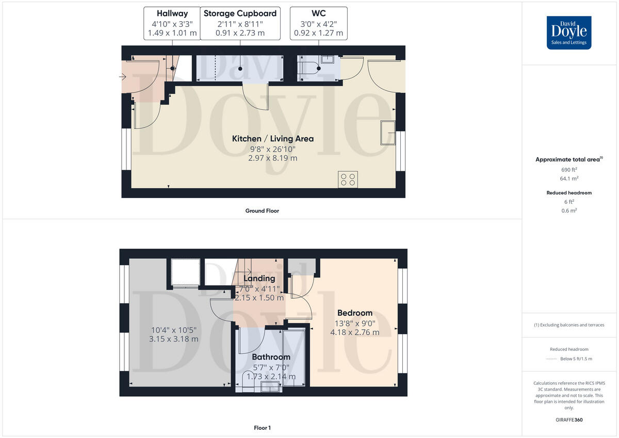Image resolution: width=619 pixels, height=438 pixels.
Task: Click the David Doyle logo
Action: click(569, 33)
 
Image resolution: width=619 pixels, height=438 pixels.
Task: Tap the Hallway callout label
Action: click(173, 23)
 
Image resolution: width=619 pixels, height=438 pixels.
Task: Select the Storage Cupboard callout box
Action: click(240, 23)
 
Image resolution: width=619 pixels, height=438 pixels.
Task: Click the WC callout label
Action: click(318, 23)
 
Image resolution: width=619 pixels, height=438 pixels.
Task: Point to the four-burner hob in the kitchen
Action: click(348, 179)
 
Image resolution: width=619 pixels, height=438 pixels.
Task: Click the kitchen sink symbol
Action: click(388, 133)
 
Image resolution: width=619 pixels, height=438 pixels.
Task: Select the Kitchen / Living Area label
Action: click(272, 139)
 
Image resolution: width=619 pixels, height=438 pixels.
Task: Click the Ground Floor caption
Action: click(262, 210)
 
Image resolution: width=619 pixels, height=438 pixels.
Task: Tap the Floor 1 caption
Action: click(262, 428)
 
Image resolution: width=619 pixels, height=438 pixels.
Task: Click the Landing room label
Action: click(259, 279)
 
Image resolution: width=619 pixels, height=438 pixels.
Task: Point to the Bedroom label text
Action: click(354, 313)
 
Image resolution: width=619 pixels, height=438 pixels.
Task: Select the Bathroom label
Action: click(271, 357)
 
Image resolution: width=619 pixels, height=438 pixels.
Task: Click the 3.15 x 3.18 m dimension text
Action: click(173, 339)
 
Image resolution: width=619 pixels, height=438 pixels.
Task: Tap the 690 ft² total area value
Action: click(569, 169)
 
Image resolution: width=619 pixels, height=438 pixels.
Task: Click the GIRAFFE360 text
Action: click(569, 420)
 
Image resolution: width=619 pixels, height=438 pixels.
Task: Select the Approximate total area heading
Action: click(569, 159)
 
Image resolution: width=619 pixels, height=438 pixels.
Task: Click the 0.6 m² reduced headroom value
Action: click(569, 210)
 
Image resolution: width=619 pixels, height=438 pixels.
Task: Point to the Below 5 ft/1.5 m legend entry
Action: click(576, 359)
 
